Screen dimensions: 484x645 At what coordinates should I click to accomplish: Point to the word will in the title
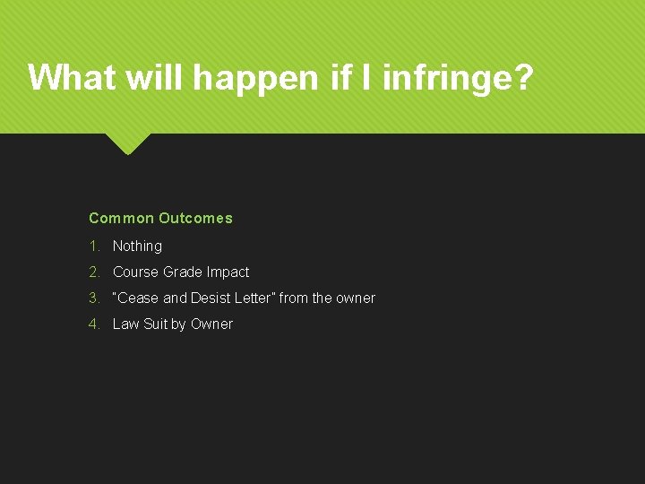click(x=157, y=78)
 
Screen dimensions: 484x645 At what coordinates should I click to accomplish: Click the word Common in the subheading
click(x=121, y=218)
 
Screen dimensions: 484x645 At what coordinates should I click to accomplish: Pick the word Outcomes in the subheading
click(x=195, y=218)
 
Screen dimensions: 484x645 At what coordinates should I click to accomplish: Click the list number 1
click(x=93, y=246)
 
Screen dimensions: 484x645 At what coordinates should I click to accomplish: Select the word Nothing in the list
click(x=137, y=246)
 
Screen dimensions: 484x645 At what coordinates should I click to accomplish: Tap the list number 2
click(x=93, y=272)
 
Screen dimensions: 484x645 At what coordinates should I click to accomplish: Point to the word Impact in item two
click(x=228, y=272)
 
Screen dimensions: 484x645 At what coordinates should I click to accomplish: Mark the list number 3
click(x=93, y=298)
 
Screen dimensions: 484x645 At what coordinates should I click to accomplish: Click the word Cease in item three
click(x=138, y=298)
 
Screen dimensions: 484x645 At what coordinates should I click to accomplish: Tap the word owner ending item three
click(x=356, y=298)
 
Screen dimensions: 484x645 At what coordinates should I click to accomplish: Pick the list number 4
click(x=93, y=324)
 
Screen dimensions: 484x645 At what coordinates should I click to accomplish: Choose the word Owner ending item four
click(x=211, y=324)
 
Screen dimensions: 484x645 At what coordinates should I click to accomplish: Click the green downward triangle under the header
click(x=128, y=143)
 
